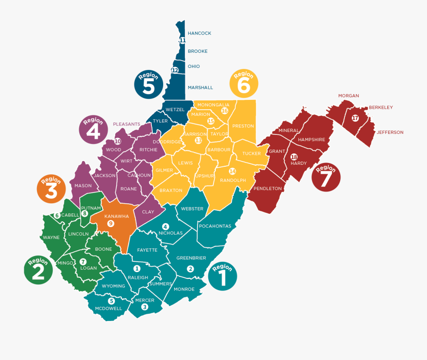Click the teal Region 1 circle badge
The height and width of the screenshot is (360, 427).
pyautogui.click(x=222, y=276)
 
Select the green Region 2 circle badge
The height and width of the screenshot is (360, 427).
pyautogui.click(x=38, y=270)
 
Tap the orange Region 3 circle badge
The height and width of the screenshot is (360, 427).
pyautogui.click(x=51, y=189)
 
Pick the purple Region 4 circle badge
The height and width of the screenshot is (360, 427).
pyautogui.click(x=93, y=129)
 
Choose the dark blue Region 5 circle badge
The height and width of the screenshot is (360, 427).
pyautogui.click(x=149, y=85)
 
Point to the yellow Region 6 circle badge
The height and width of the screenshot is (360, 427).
pyautogui.click(x=244, y=84)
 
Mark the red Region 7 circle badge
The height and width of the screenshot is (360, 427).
pyautogui.click(x=325, y=177)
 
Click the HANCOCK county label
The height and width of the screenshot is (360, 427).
pyautogui.click(x=199, y=33)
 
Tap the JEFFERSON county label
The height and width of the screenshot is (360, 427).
pyautogui.click(x=390, y=133)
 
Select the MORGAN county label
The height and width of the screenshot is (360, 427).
pyautogui.click(x=348, y=96)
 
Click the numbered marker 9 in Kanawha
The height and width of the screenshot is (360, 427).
pyautogui.click(x=111, y=223)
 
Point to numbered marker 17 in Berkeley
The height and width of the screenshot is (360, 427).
pyautogui.click(x=355, y=118)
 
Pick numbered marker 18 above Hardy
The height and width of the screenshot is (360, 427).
pyautogui.click(x=294, y=157)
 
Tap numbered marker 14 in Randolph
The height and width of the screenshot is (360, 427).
pyautogui.click(x=232, y=171)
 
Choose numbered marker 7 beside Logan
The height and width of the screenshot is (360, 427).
pyautogui.click(x=83, y=262)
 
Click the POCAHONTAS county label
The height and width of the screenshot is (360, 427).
pyautogui.click(x=215, y=226)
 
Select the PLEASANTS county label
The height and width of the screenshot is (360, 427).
pyautogui.click(x=126, y=124)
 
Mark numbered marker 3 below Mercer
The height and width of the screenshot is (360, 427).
pyautogui.click(x=145, y=307)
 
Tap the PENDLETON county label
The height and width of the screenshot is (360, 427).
pyautogui.click(x=268, y=189)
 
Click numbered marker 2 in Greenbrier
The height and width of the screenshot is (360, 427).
pyautogui.click(x=191, y=269)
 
